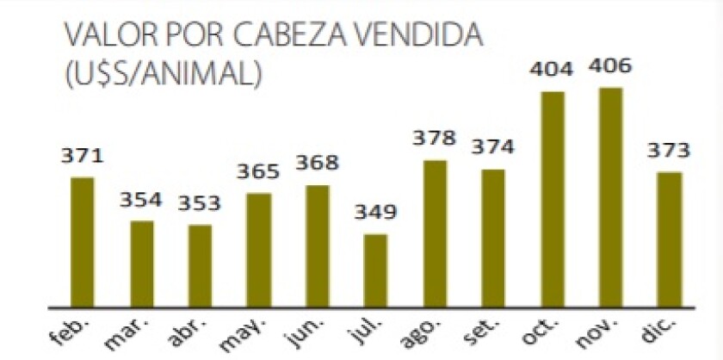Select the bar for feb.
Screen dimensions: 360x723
coord(83,241)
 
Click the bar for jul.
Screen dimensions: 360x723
coord(375,270)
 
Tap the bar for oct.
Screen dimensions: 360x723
coord(552,198)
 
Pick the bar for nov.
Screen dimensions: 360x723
coord(610,196)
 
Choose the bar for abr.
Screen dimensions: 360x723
coord(200,265)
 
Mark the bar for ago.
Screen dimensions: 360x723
coord(435,233)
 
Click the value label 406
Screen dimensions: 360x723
coord(610,65)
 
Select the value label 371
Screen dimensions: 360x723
coord(83,156)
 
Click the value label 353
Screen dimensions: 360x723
coord(200,204)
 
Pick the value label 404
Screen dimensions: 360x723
coord(552,70)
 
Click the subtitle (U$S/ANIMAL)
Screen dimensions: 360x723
coord(164,73)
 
